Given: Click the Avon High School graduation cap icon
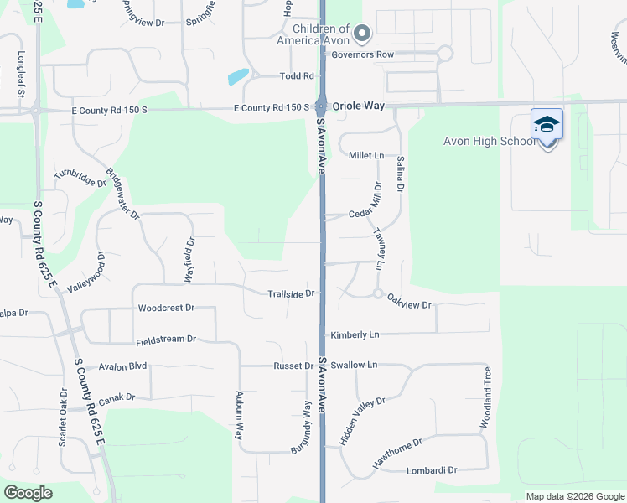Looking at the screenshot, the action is [x=547, y=125].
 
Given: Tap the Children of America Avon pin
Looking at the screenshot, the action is [x=362, y=34].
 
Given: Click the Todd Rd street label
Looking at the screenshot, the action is [x=297, y=76].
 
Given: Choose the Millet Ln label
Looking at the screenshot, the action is [x=365, y=156].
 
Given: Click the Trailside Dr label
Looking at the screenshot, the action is [x=291, y=293].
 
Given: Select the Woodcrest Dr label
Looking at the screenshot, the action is [x=166, y=309].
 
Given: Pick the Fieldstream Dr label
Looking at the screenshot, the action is [x=166, y=340].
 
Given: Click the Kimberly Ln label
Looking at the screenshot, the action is [x=355, y=334].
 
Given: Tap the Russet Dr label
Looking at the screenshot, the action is [x=293, y=366].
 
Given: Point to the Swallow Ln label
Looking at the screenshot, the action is [x=354, y=366].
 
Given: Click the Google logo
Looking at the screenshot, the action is [x=28, y=493].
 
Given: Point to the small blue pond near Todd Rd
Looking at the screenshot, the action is [x=238, y=76].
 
